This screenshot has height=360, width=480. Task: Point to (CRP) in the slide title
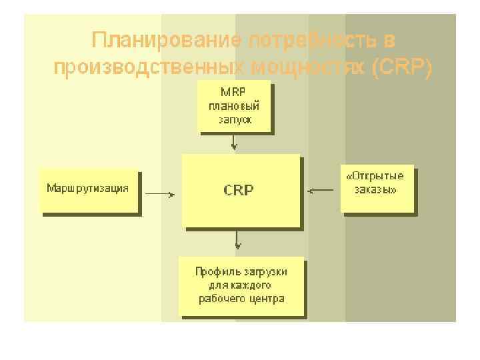pyautogui.click(x=404, y=67)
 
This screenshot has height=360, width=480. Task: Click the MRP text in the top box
pyautogui.click(x=233, y=91)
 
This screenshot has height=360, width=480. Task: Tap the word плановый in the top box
pyautogui.click(x=233, y=106)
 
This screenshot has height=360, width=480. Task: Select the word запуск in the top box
pyautogui.click(x=233, y=121)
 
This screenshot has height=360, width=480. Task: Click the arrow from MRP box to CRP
pyautogui.click(x=233, y=142)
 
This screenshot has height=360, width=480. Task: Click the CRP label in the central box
pyautogui.click(x=238, y=191)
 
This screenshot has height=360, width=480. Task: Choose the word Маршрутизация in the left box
pyautogui.click(x=87, y=187)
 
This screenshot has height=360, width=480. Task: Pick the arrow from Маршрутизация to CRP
pyautogui.click(x=160, y=195)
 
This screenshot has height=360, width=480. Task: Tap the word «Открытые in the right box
pyautogui.click(x=375, y=176)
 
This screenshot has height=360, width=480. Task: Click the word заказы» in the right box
pyautogui.click(x=375, y=190)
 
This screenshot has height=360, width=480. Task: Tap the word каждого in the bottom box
pyautogui.click(x=250, y=285)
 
